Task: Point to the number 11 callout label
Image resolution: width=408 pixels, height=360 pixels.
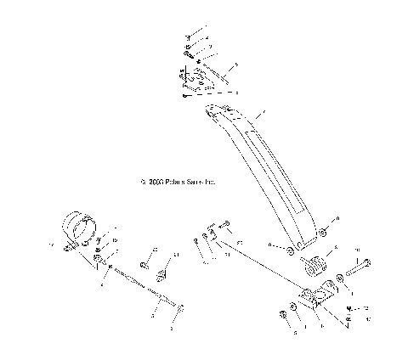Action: [x=177, y=255]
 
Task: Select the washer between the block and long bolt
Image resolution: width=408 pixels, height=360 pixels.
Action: [x=340, y=278]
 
